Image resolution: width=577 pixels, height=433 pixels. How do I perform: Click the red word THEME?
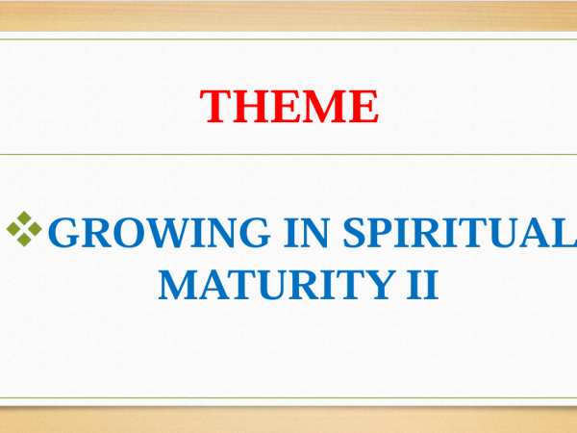tap(289, 106)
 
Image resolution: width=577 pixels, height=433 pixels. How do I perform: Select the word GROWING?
tap(159, 232)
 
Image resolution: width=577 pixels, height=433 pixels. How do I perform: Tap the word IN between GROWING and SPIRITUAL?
tap(306, 232)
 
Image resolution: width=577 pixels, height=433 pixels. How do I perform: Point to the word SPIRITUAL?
tap(460, 232)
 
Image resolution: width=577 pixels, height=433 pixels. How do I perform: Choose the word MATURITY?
tap(277, 285)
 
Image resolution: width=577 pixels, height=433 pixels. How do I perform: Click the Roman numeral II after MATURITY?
tap(423, 285)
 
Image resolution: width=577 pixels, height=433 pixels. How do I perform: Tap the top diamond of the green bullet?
tap(24, 217)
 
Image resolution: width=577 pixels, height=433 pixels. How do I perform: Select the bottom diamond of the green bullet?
tap(24, 240)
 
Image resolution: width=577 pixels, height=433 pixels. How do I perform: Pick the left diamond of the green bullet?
tap(13, 229)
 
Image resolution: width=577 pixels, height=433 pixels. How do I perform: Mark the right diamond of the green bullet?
tap(36, 229)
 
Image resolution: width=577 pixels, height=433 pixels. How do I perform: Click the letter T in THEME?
tap(214, 106)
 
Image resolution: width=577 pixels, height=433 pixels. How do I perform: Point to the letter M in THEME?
tap(328, 106)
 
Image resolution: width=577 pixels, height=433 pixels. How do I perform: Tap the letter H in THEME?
tap(250, 106)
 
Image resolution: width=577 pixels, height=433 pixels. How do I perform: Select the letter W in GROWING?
tap(166, 232)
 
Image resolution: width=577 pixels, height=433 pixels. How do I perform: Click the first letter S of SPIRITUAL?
tap(353, 232)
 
